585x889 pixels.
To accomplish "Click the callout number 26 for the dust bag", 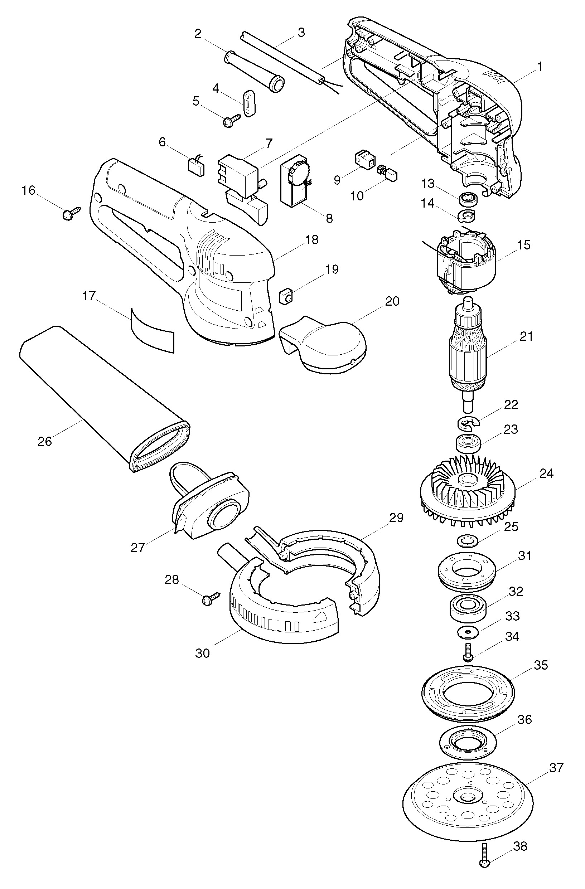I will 45,442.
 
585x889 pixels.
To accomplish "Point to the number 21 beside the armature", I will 526,336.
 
